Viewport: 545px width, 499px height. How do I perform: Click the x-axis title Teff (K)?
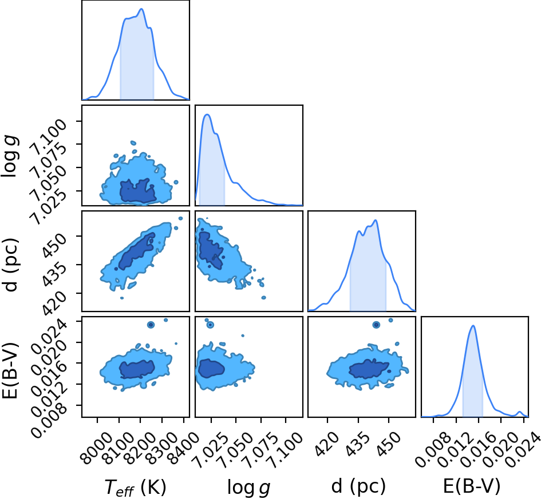point(135,487)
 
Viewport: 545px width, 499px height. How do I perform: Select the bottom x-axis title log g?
point(248,487)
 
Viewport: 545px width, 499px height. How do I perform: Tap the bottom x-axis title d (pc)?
point(358,486)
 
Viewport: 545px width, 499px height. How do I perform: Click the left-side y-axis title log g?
point(10,156)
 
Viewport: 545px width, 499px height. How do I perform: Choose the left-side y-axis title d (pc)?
point(10,265)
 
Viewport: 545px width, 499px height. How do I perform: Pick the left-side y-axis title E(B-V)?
point(10,370)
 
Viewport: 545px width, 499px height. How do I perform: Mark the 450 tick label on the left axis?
point(53,245)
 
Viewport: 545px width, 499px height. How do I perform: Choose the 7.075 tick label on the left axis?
point(48,159)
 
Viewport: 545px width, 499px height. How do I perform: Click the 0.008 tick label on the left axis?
point(49,420)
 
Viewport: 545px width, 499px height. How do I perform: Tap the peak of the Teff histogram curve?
point(141,9)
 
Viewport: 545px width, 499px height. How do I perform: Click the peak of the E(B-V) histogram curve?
point(473,325)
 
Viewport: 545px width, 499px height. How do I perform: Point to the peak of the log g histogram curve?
point(207,114)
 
